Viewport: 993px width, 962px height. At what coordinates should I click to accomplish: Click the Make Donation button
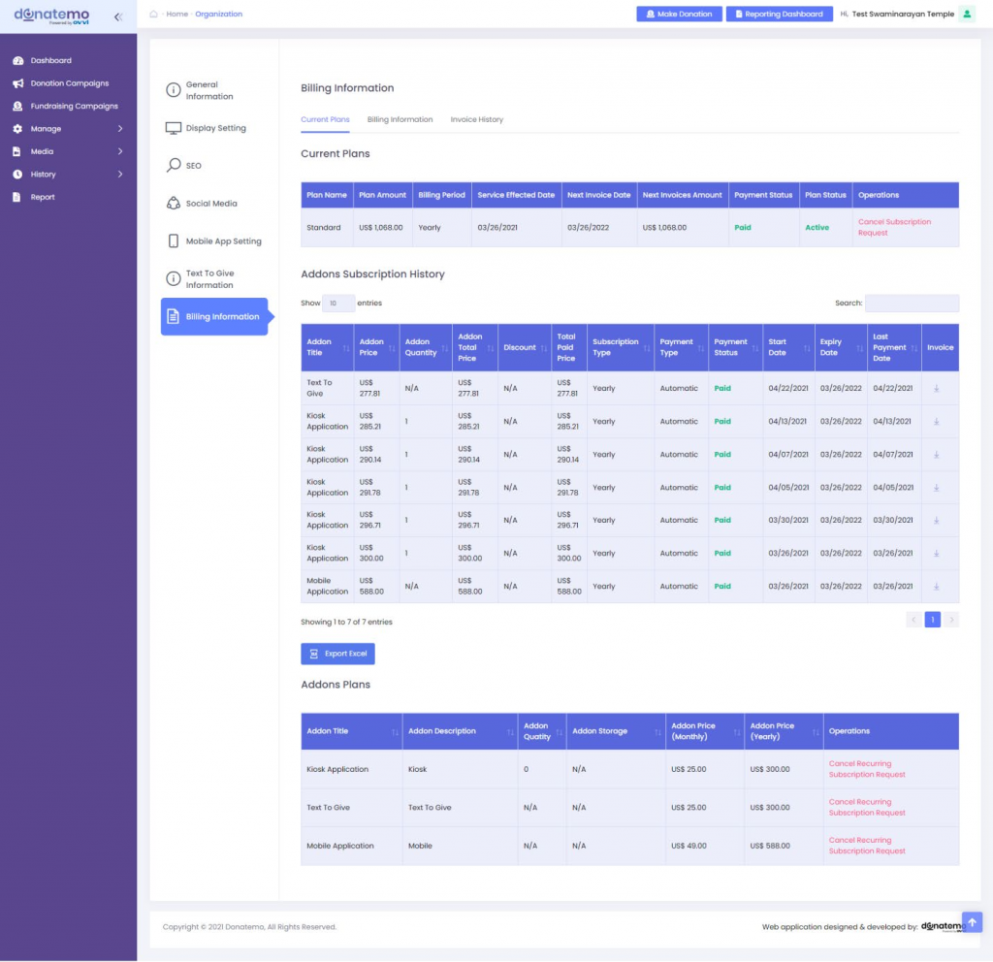[679, 15]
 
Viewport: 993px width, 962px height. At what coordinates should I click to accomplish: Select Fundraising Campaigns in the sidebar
[74, 106]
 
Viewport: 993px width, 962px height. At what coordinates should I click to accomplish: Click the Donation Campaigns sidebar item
[69, 83]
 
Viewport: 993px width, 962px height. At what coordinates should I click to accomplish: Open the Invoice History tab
[476, 119]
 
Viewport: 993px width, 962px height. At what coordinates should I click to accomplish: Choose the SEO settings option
[193, 166]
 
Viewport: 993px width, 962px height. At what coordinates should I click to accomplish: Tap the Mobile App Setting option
[223, 241]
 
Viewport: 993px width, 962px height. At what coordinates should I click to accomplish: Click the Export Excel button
[337, 654]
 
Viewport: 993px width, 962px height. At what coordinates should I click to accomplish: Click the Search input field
[912, 304]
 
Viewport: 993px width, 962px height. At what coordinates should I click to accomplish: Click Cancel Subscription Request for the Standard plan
[894, 227]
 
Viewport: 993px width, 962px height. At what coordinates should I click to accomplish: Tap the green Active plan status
[817, 228]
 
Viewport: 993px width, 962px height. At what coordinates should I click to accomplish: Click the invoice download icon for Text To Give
[937, 388]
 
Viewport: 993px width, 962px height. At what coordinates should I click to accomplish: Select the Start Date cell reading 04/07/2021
[787, 455]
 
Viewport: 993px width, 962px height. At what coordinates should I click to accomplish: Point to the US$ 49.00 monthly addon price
[688, 846]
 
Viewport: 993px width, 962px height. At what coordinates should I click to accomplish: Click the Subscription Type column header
[615, 347]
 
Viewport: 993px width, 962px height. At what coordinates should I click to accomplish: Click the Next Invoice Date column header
[598, 195]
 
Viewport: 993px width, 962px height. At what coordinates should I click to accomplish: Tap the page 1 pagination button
[932, 620]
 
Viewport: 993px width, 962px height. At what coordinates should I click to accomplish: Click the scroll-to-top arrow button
[973, 921]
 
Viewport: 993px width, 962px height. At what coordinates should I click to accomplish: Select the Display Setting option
[215, 128]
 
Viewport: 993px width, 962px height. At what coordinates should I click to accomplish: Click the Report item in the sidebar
[43, 197]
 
